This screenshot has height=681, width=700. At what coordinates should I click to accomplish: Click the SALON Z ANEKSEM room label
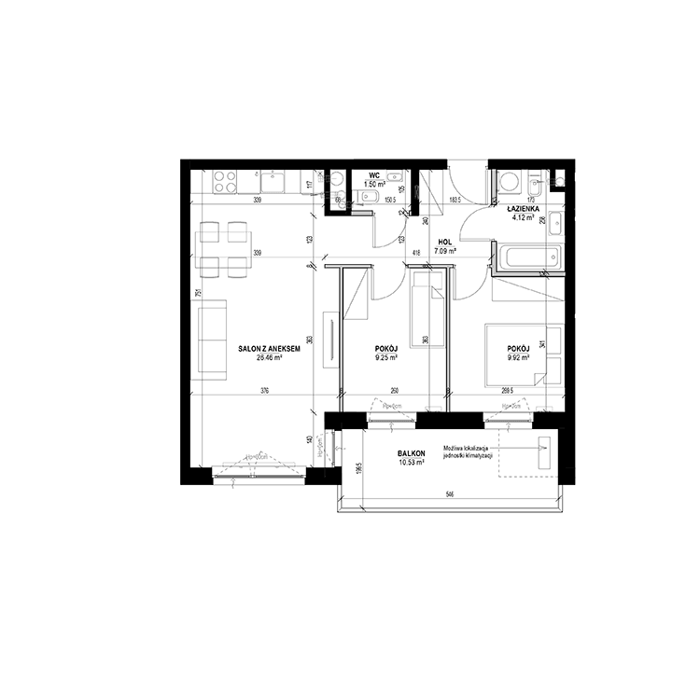click(x=269, y=348)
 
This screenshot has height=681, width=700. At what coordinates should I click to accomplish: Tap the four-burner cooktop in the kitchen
click(x=225, y=180)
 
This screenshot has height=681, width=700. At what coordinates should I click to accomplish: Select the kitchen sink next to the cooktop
click(x=272, y=180)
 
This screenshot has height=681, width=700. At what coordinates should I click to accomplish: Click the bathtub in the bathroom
click(x=528, y=258)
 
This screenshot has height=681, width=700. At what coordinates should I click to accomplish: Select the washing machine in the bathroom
click(x=510, y=180)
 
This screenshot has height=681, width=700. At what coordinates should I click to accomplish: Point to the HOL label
click(x=444, y=242)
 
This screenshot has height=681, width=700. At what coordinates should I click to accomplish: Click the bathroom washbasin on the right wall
click(x=556, y=223)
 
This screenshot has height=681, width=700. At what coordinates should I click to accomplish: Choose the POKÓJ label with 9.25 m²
click(x=386, y=350)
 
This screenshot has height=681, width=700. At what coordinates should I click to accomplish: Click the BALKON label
click(x=412, y=454)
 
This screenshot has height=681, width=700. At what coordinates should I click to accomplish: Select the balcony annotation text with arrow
click(x=468, y=449)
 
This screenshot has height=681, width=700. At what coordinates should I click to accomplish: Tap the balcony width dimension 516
click(x=449, y=493)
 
